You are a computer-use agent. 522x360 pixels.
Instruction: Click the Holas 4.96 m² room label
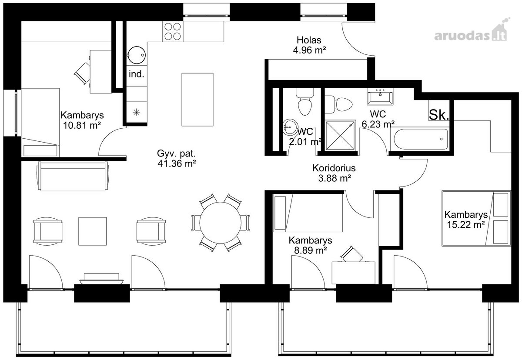click(x=309, y=45)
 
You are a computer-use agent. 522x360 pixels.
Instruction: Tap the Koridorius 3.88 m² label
click(x=334, y=173)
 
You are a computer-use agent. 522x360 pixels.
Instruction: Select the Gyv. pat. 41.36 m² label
click(x=177, y=158)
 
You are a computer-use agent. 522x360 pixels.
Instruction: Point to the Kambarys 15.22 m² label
click(x=466, y=220)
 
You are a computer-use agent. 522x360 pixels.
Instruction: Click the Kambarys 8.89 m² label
click(x=310, y=245)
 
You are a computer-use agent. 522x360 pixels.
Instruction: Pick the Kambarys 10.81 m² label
click(x=82, y=120)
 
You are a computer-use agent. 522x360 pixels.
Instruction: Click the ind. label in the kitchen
click(x=137, y=74)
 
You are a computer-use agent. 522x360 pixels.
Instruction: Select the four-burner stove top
click(x=173, y=31)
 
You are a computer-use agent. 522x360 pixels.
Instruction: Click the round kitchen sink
click(x=136, y=55)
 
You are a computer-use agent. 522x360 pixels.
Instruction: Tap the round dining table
click(x=220, y=223)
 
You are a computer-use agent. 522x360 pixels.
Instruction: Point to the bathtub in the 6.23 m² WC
click(x=421, y=139)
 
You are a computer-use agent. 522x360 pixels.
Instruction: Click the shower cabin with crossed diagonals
click(x=341, y=135)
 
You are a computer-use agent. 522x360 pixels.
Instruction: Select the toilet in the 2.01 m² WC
click(x=305, y=102)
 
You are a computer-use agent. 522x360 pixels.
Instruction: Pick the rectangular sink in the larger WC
click(x=380, y=97)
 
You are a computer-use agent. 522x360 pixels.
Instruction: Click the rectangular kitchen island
click(x=197, y=100)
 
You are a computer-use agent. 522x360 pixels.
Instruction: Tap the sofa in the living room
click(x=73, y=177)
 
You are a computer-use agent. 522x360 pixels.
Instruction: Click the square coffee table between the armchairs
click(x=93, y=231)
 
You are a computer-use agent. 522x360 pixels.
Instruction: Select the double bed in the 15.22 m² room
click(x=476, y=218)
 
